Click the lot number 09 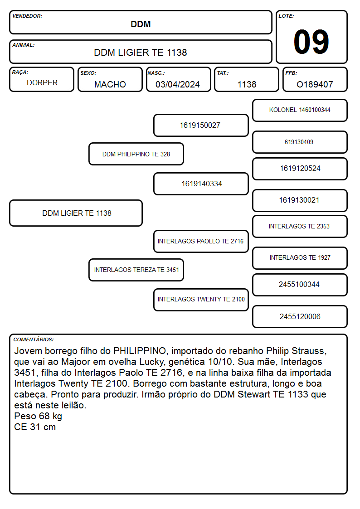(x=311, y=42)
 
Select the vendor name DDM (x=141, y=24)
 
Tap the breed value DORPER (x=42, y=83)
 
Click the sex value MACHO (x=110, y=84)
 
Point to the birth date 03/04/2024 (x=178, y=84)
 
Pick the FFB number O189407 (x=315, y=84)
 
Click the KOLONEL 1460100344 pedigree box (x=300, y=111)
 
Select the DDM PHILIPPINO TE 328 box (x=136, y=154)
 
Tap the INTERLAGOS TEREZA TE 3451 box (x=136, y=270)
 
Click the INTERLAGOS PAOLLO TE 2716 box (x=201, y=242)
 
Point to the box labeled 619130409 (x=300, y=142)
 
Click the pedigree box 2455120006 (x=300, y=317)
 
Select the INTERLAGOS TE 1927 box (x=300, y=258)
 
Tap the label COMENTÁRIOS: (x=34, y=339)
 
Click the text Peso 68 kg (x=38, y=416)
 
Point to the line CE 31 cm (x=35, y=427)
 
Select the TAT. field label (x=223, y=73)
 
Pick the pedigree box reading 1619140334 (x=201, y=184)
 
